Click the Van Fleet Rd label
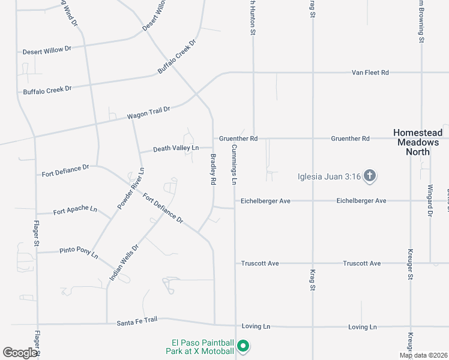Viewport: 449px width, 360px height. click(x=370, y=73)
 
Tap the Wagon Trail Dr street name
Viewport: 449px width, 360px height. click(x=149, y=113)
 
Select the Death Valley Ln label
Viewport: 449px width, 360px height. click(x=175, y=148)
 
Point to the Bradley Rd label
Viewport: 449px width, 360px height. click(x=212, y=169)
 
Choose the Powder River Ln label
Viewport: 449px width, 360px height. click(x=131, y=187)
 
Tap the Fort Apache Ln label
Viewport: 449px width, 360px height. click(x=75, y=211)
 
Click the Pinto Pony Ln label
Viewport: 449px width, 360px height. click(x=78, y=251)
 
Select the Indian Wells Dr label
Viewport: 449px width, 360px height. click(x=124, y=263)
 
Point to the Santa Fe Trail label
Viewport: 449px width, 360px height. click(x=137, y=321)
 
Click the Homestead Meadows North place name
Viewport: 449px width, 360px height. click(x=418, y=142)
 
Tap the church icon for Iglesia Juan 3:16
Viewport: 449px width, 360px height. click(x=370, y=176)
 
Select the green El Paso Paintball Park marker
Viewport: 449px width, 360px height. click(x=243, y=346)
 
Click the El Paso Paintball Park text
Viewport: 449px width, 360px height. click(x=200, y=347)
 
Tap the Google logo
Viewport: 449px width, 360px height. click(x=20, y=353)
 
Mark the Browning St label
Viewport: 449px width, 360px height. click(x=421, y=21)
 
